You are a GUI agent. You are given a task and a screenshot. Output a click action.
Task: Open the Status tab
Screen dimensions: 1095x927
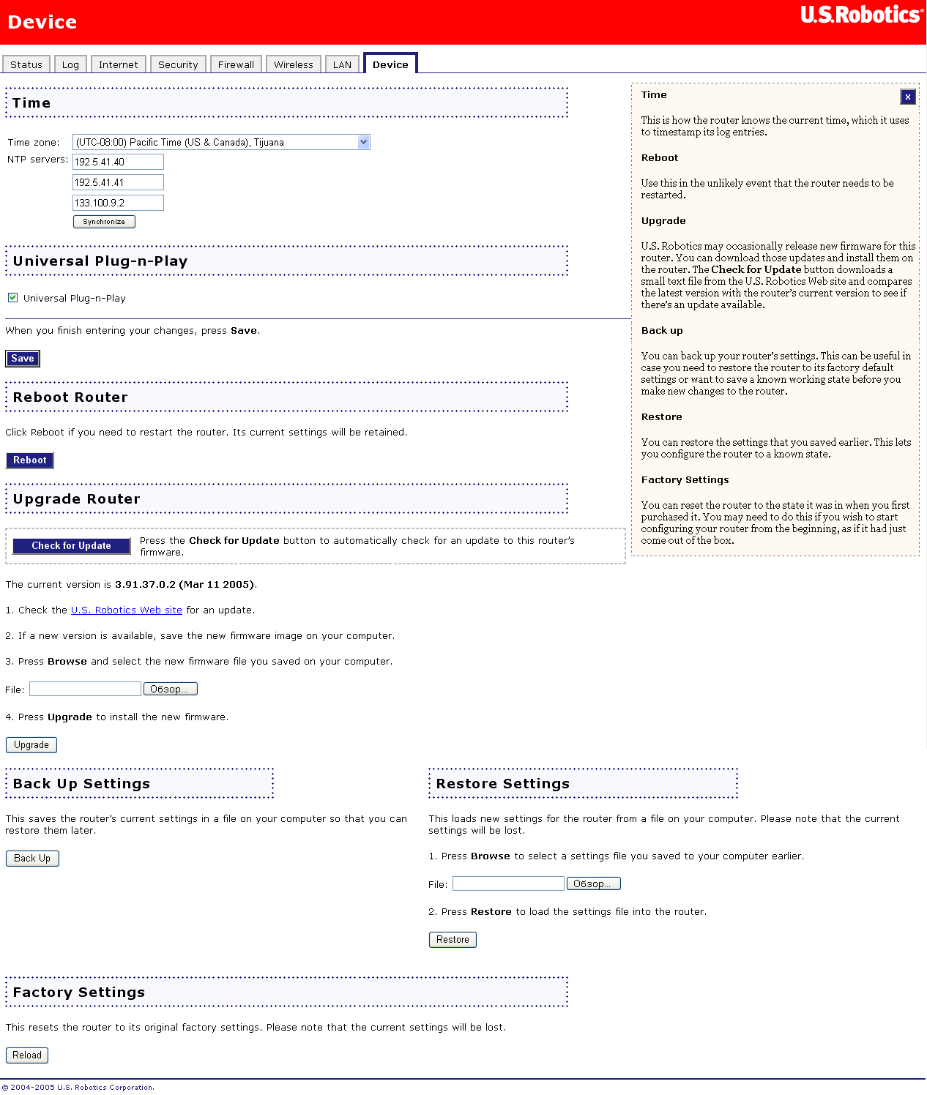click(26, 64)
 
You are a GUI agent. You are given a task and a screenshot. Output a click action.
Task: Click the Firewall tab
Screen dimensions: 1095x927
click(236, 64)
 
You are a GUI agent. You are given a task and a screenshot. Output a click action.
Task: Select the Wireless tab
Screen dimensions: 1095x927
click(293, 64)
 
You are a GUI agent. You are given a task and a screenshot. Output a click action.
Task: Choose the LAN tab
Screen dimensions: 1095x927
click(342, 64)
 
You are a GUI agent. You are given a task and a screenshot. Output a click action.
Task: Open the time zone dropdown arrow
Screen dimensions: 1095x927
click(364, 142)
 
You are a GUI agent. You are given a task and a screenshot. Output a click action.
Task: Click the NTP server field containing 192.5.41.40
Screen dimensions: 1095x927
click(118, 162)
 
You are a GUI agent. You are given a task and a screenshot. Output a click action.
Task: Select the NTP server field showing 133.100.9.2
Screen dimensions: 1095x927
click(118, 203)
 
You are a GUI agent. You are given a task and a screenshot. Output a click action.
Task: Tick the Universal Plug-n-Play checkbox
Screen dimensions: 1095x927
click(13, 298)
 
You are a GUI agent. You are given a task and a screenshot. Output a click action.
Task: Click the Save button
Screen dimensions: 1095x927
click(23, 359)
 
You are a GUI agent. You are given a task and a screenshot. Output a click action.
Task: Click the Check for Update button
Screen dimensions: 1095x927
click(71, 546)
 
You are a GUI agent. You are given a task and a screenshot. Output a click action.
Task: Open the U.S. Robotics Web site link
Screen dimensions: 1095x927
click(126, 610)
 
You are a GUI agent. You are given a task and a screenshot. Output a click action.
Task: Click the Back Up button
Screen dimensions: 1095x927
click(32, 859)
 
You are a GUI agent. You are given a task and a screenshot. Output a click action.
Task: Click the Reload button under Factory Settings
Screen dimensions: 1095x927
click(27, 1055)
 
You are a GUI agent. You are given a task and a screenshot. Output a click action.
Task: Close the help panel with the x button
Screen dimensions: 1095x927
click(908, 97)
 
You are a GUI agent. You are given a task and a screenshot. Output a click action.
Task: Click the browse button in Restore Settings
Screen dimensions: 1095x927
click(593, 884)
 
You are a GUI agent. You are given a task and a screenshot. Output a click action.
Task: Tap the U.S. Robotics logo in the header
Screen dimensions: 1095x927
click(861, 15)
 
